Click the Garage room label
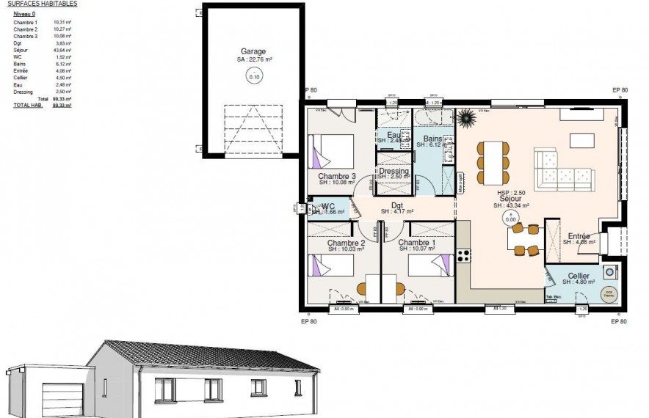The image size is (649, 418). pos(253,51)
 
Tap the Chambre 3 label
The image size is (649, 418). pos(337,177)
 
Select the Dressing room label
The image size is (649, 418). pos(394,172)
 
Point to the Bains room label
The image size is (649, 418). pos(432,139)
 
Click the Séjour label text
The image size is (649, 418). pos(510,199)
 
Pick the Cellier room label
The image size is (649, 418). pos(579,276)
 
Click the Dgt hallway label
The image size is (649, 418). pos(397,205)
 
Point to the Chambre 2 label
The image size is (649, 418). pos(346,243)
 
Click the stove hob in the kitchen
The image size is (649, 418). pos(463,256)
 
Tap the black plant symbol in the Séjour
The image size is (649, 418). pos(465,117)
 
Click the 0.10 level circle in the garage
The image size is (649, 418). pos(255,76)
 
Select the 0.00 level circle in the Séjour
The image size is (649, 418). pos(510,218)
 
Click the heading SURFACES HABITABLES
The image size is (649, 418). pos(42,4)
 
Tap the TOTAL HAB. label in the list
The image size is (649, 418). pos(26,106)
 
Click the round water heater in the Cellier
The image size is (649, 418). pos(607,295)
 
